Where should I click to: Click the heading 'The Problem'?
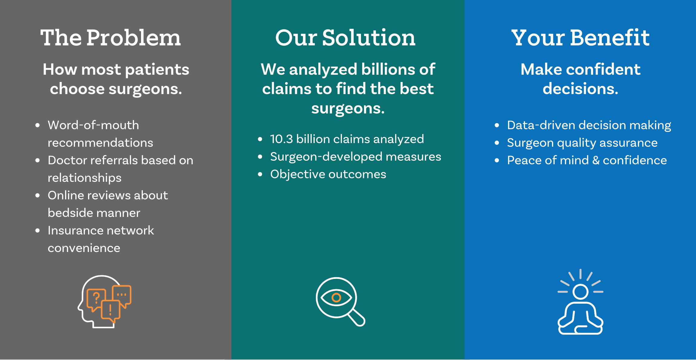click(110, 38)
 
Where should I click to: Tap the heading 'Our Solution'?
click(345, 38)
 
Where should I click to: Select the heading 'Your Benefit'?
click(580, 38)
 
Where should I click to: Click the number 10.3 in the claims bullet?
click(281, 139)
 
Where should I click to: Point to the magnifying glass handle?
click(356, 318)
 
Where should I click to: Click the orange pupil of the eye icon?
click(336, 298)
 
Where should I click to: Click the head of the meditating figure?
click(580, 292)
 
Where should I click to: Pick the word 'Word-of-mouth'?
click(93, 125)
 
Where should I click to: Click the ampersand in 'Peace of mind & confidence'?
click(596, 160)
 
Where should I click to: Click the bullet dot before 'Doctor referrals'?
click(38, 160)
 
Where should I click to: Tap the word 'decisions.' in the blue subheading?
click(580, 89)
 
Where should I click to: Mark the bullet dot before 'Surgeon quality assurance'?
click(497, 143)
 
